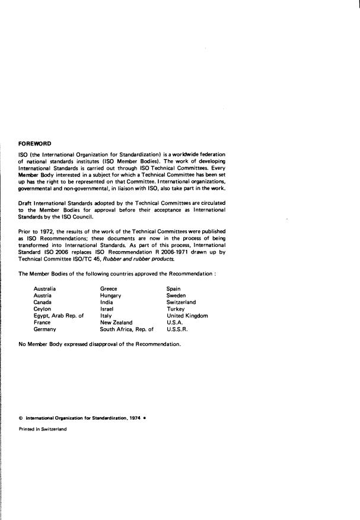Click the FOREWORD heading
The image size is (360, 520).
point(35,143)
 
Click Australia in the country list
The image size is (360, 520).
point(45,289)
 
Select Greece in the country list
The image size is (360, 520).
point(109,289)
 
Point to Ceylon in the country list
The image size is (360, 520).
point(43,309)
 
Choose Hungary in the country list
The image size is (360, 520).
point(111,296)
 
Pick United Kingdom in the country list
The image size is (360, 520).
point(187,316)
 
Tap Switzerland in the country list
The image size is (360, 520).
point(181,303)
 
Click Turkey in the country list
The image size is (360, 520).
point(176,309)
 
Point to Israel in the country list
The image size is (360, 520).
point(107,309)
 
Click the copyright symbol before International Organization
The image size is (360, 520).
point(21,418)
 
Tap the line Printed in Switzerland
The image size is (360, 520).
point(43,430)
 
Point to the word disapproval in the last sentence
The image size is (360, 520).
point(100,344)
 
